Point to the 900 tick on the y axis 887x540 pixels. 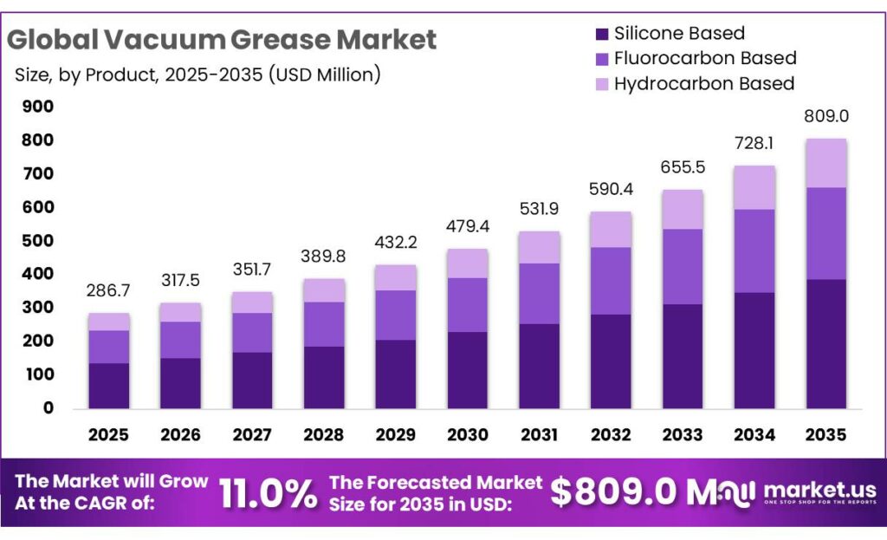click(x=37, y=107)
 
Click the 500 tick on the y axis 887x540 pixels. click(x=37, y=241)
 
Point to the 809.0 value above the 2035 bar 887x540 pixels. click(x=825, y=116)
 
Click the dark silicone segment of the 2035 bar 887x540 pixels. click(x=825, y=342)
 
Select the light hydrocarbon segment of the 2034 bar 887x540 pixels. click(x=754, y=187)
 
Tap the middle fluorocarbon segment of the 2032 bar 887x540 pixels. click(x=611, y=281)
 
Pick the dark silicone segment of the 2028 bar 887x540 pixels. click(x=324, y=377)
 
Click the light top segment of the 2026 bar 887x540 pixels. click(x=180, y=312)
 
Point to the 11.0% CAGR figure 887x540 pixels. click(x=268, y=493)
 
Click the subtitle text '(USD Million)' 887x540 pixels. click(x=324, y=75)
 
